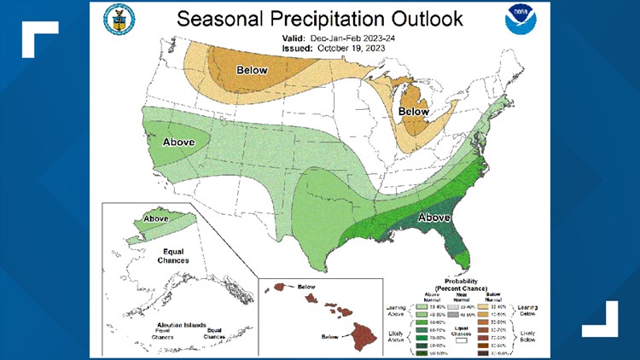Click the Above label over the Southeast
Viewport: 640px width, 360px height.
[x=433, y=218]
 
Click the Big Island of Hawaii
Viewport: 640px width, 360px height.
[x=369, y=329]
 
